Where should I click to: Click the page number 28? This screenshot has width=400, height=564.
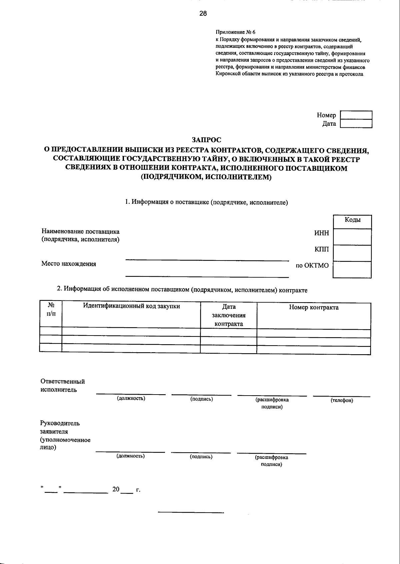click(203, 14)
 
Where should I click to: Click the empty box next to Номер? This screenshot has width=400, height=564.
click(356, 115)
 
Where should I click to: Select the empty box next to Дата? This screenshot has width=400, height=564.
click(356, 124)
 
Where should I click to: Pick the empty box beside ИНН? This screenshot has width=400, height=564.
click(352, 237)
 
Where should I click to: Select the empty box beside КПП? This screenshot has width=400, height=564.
click(352, 253)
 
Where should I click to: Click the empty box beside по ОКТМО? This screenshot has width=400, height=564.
click(352, 269)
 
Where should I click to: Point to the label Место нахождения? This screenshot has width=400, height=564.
click(69, 264)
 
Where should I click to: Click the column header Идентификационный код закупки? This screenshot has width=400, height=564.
click(131, 306)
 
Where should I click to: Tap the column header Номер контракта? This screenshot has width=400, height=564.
click(314, 308)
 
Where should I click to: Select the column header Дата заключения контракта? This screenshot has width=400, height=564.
click(229, 315)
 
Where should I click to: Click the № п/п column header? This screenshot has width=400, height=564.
click(51, 310)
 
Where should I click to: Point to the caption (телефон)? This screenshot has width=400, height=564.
click(342, 400)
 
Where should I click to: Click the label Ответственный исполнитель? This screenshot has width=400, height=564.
click(62, 386)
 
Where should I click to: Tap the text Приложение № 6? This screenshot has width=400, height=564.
click(235, 32)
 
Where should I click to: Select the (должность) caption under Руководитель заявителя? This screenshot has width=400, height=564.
click(130, 456)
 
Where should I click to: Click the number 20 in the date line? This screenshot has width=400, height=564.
click(116, 489)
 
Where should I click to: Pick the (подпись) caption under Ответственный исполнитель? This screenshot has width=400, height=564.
click(202, 399)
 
